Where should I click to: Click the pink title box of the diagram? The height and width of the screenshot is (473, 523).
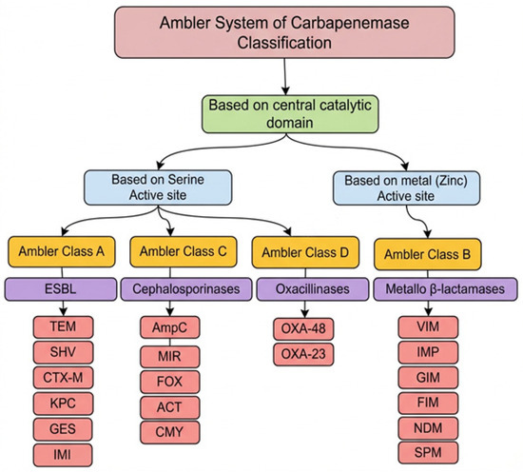pyautogui.click(x=284, y=32)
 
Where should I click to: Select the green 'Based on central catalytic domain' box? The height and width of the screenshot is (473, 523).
pyautogui.click(x=290, y=114)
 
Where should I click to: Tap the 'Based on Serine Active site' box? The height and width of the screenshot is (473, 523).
pyautogui.click(x=158, y=187)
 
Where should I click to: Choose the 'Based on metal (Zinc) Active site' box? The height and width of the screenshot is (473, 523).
pyautogui.click(x=406, y=187)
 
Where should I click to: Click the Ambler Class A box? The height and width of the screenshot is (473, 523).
pyautogui.click(x=62, y=251)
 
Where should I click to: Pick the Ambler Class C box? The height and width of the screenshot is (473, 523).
pyautogui.click(x=184, y=251)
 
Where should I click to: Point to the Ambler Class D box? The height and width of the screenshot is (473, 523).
pyautogui.click(x=305, y=252)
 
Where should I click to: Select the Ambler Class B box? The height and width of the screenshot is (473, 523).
pyautogui.click(x=428, y=254)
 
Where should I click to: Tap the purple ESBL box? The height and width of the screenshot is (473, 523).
pyautogui.click(x=60, y=289)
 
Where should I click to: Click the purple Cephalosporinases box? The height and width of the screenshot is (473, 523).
pyautogui.click(x=186, y=289)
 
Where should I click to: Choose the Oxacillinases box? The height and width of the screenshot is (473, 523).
pyautogui.click(x=313, y=289)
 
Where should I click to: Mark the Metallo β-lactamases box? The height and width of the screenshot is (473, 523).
pyautogui.click(x=445, y=289)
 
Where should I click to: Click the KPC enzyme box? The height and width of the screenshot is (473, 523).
pyautogui.click(x=63, y=404)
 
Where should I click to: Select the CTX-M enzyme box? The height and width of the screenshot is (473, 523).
pyautogui.click(x=63, y=378)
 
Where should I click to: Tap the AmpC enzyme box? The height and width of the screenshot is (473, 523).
pyautogui.click(x=170, y=327)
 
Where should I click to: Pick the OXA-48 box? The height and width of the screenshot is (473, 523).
pyautogui.click(x=303, y=328)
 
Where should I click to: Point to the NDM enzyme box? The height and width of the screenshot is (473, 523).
pyautogui.click(x=428, y=428)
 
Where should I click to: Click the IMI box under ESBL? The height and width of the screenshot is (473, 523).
pyautogui.click(x=63, y=455)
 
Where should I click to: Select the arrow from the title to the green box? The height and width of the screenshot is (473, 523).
pyautogui.click(x=285, y=77)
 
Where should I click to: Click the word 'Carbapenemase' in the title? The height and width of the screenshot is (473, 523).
pyautogui.click(x=350, y=23)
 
